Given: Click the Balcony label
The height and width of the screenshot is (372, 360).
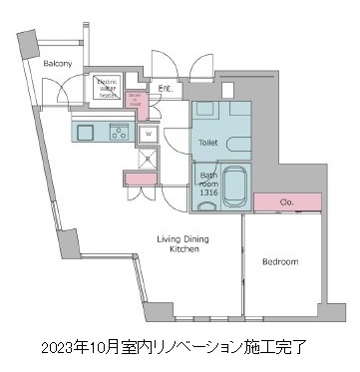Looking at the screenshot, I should (57, 64).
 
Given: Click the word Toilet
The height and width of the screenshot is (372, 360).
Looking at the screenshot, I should (206, 143).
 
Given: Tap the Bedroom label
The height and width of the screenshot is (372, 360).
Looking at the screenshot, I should (280, 262).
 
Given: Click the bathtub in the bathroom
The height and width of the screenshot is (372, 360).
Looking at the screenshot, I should (235, 186).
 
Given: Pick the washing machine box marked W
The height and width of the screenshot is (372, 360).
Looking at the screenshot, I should (148, 133).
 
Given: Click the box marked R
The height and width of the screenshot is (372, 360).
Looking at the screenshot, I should (149, 158).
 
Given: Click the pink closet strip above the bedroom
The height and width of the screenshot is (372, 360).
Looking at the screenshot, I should (287, 203).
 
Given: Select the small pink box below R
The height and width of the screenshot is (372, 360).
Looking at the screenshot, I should (148, 177).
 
